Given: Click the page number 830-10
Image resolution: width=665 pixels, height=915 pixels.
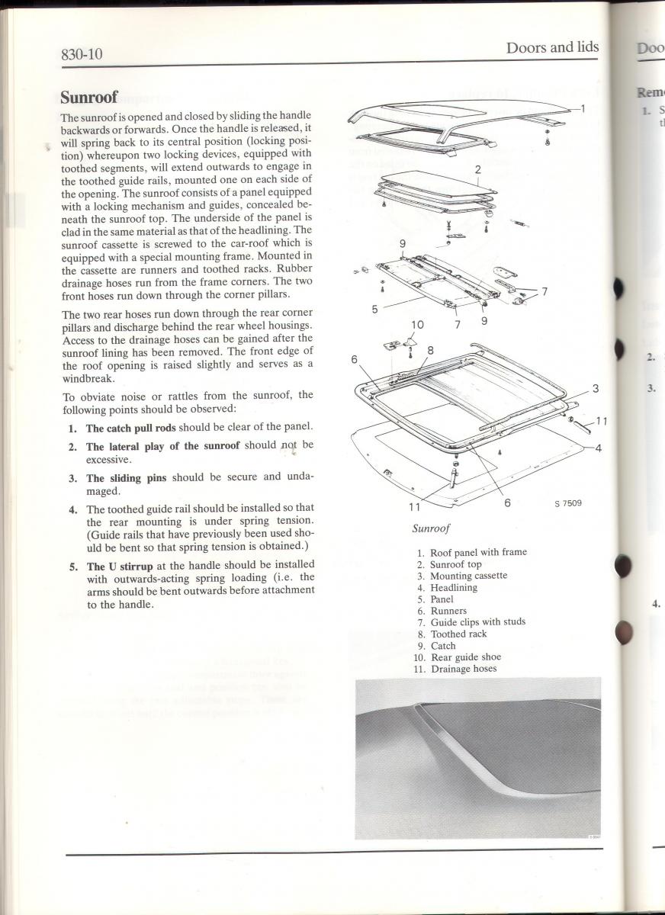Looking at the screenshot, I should [82, 53].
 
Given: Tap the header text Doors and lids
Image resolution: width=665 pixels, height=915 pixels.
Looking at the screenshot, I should [552, 47].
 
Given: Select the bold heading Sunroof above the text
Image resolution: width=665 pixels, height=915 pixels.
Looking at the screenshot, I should [89, 98].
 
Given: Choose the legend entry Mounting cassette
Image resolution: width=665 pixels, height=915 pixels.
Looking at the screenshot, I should [468, 576].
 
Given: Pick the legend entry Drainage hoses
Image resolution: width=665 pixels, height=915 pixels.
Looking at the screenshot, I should [463, 669].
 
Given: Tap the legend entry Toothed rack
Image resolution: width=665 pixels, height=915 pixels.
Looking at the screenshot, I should [458, 634].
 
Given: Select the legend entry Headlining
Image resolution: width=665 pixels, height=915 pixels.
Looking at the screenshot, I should [455, 587].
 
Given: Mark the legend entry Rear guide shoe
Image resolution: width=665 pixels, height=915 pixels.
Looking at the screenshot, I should [465, 657].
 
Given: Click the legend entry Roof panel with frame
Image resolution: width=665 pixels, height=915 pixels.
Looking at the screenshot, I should [478, 552].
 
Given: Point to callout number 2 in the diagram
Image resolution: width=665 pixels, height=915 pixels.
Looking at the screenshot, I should [478, 169].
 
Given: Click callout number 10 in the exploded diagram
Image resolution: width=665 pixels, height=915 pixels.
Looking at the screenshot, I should [417, 325].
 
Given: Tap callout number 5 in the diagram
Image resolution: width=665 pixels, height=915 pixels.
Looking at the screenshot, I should [374, 309].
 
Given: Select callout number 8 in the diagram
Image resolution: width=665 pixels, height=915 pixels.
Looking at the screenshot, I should [430, 351].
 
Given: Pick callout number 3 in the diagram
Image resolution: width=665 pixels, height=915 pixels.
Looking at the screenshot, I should [595, 389].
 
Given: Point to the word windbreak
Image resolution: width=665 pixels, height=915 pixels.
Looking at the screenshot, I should [88, 378].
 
